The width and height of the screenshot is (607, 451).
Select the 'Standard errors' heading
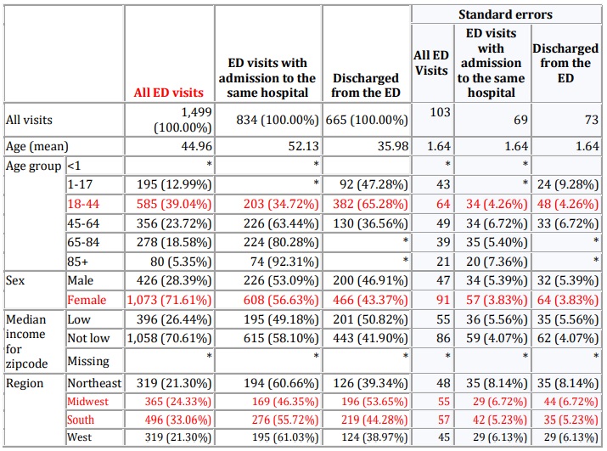click(x=505, y=14)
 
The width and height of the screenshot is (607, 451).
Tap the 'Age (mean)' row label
click(x=37, y=146)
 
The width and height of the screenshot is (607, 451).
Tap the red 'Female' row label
click(x=88, y=299)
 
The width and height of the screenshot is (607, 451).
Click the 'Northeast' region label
click(x=93, y=382)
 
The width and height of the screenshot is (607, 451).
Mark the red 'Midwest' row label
click(x=89, y=400)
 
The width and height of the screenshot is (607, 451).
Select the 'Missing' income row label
click(x=88, y=360)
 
